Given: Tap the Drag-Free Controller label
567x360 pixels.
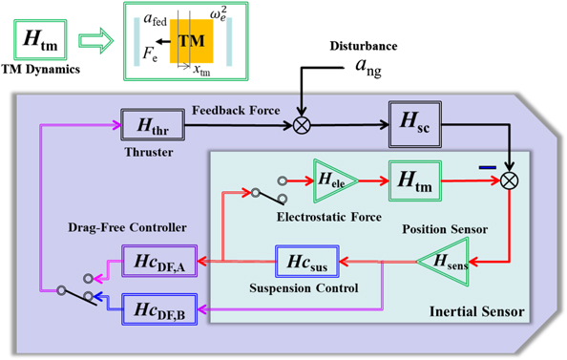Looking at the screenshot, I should pos(136,225).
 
